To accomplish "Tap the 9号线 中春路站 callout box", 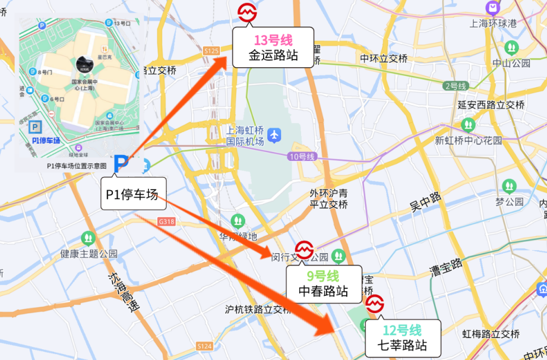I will (x=324, y=284).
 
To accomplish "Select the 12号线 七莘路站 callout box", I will (x=402, y=338).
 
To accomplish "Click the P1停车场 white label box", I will (x=132, y=194).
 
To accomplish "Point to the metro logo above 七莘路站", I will (x=375, y=304).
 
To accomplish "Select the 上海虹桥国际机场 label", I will (x=245, y=135).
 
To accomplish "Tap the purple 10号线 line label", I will (x=303, y=156).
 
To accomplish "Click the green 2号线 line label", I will (x=456, y=86).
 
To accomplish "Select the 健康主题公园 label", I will (x=88, y=254).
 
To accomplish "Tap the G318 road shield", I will (x=166, y=221).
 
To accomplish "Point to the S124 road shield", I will (x=204, y=346).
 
